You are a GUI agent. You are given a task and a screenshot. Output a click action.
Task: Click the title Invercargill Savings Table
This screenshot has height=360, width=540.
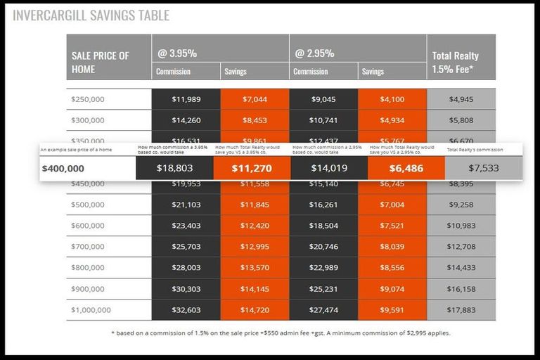[x=91, y=15]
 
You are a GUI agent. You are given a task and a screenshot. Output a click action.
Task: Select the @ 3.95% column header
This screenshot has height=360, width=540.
[x=177, y=53]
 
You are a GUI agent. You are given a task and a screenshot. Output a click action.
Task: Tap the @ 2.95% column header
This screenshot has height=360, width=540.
[x=315, y=53]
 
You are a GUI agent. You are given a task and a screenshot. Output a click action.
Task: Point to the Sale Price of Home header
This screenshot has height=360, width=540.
[x=101, y=62]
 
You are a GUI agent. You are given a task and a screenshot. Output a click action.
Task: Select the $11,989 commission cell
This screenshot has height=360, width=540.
[x=186, y=99]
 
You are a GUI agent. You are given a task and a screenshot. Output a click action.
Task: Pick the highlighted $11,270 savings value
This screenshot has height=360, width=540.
[x=252, y=169]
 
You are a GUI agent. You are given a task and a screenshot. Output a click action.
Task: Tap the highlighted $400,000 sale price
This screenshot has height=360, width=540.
[x=63, y=169]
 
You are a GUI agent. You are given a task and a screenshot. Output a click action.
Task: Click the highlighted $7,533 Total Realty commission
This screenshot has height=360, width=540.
[x=483, y=169]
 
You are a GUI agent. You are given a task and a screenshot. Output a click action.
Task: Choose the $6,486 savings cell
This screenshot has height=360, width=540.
[x=406, y=169]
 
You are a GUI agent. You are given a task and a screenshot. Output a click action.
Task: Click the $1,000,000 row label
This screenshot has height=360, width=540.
[x=91, y=310]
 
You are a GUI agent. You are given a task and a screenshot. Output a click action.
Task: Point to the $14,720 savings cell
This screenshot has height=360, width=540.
[x=255, y=310]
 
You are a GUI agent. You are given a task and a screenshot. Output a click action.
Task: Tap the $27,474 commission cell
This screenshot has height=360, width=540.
[x=323, y=310]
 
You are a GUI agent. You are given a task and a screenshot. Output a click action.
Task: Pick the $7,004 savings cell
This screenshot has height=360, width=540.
[x=392, y=205]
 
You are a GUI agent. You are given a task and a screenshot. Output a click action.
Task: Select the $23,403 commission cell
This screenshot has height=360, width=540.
[x=186, y=226]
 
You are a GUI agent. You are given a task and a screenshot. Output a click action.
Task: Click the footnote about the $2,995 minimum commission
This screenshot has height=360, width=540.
[x=281, y=333]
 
